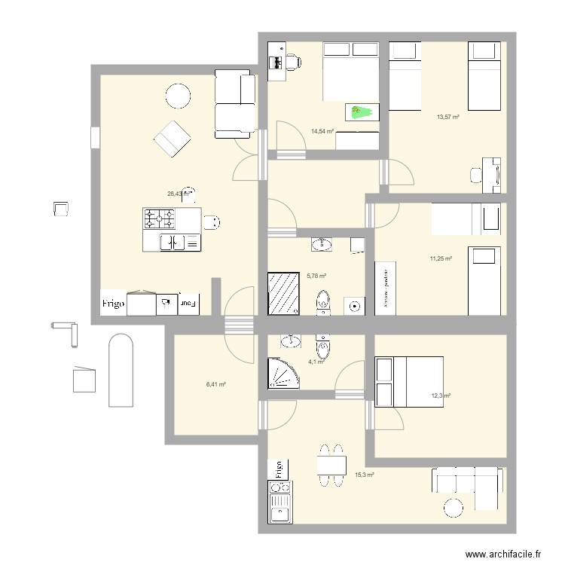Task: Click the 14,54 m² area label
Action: tap(322, 131)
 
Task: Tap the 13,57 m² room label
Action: tap(448, 117)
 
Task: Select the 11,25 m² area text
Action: tap(441, 258)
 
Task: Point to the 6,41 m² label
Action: tap(216, 384)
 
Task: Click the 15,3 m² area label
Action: tap(365, 475)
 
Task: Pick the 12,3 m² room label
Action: tap(441, 395)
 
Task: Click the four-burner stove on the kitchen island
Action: tap(159, 219)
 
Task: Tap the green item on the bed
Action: tap(362, 112)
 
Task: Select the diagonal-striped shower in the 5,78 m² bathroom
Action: tap(283, 292)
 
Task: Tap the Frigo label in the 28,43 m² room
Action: tap(114, 304)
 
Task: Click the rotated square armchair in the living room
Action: tap(171, 139)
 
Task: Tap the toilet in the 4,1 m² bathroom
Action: tap(322, 349)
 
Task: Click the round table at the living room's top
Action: tap(179, 96)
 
